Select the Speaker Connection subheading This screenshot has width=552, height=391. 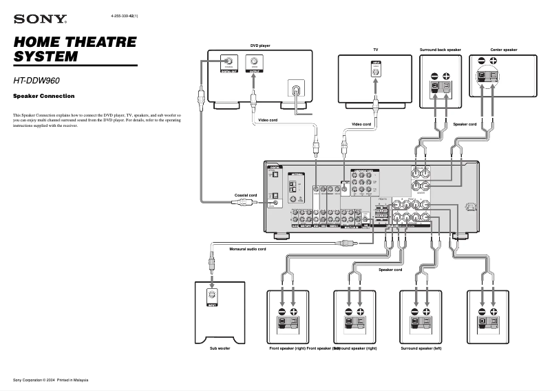[x=44, y=96]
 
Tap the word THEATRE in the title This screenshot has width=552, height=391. [x=102, y=42]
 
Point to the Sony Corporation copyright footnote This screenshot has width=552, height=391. [x=51, y=380]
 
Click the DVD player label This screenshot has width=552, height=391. [x=259, y=46]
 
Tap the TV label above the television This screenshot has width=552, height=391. [x=376, y=50]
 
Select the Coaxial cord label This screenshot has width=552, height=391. [x=246, y=195]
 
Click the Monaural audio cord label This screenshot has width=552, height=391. [x=247, y=248]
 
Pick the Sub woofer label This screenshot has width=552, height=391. [x=220, y=349]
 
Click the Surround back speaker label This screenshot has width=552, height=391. [x=440, y=50]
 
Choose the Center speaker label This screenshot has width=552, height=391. [x=503, y=50]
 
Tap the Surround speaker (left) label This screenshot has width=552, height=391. [x=421, y=349]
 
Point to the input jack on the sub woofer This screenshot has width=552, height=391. [x=212, y=298]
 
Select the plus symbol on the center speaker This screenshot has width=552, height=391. [x=494, y=61]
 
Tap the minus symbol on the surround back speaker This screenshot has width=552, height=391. [x=434, y=76]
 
